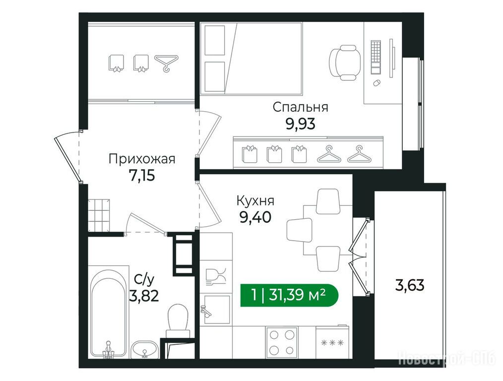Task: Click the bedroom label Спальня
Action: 301,107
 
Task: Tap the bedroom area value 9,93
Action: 301,124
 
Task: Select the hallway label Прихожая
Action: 142,159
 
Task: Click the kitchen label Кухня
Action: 255,201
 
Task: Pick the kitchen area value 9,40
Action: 255,217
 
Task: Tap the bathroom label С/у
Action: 144,280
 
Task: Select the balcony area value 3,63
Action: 410,285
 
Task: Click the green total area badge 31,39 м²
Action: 289,295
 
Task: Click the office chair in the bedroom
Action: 344,62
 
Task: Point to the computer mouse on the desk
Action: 377,83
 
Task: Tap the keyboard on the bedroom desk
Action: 376,57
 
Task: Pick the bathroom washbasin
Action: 145,349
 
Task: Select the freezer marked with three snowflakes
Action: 332,342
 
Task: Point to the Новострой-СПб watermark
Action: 447,358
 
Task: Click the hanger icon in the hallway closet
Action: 166,63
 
